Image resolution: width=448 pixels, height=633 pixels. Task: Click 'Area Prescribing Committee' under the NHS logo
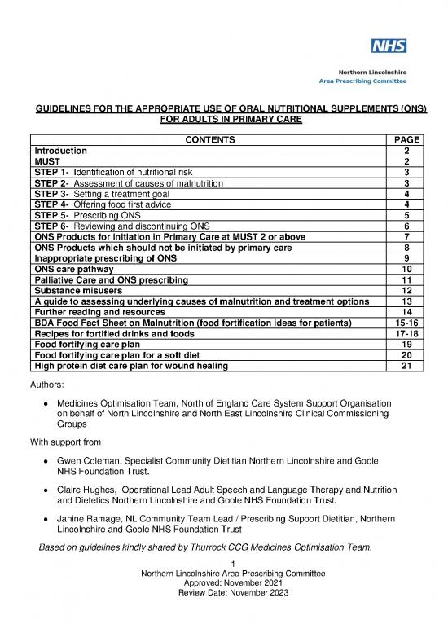click(x=363, y=82)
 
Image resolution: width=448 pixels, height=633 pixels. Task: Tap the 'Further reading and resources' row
click(x=99, y=312)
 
